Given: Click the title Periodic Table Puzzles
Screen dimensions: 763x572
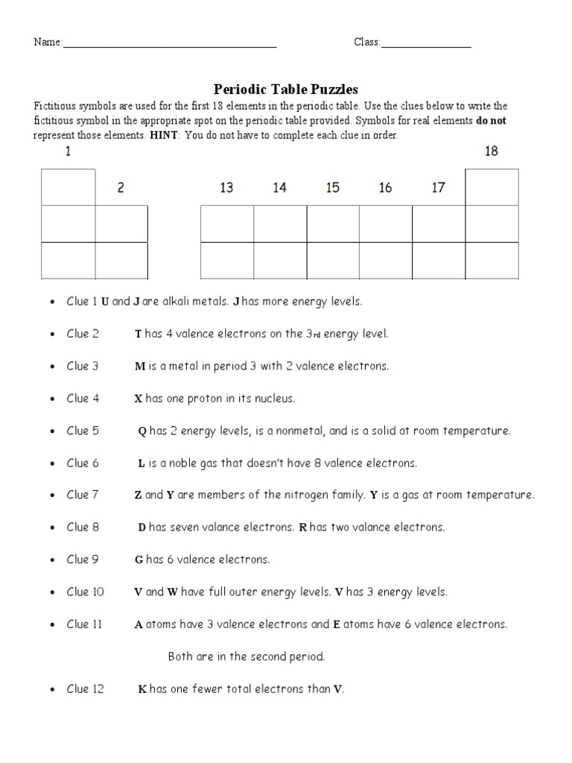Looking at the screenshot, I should [286, 89].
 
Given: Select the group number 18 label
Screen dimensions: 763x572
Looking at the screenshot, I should [492, 151].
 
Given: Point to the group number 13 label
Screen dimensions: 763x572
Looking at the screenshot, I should [226, 188].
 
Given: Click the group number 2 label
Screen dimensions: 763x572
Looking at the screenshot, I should [121, 188].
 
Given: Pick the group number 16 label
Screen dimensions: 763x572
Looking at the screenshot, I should [385, 188].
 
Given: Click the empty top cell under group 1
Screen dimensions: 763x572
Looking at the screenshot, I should [69, 187].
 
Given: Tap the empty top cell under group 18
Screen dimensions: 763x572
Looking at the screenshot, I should [492, 187].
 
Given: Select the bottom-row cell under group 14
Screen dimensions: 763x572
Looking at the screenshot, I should [280, 260].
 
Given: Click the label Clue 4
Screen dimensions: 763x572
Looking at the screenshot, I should [83, 399].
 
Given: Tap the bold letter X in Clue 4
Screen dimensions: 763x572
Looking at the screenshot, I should [138, 399].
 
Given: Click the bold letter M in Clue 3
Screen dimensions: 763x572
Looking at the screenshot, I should [139, 367].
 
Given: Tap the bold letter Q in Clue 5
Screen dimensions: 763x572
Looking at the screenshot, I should [142, 431].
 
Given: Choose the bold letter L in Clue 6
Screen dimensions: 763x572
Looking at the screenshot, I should [142, 463].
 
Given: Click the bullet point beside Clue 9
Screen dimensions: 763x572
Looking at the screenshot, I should [51, 560].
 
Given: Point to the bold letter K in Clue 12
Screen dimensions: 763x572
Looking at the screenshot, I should [142, 689].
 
